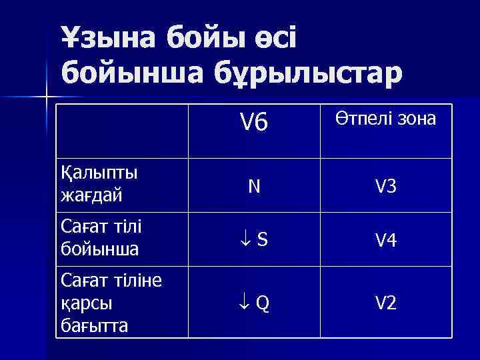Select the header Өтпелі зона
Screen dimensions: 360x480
point(385,119)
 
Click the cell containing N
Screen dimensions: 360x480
point(254,187)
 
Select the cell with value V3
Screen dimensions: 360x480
point(385,187)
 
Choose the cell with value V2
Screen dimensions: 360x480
point(385,303)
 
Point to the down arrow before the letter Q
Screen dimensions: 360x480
point(243,303)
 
